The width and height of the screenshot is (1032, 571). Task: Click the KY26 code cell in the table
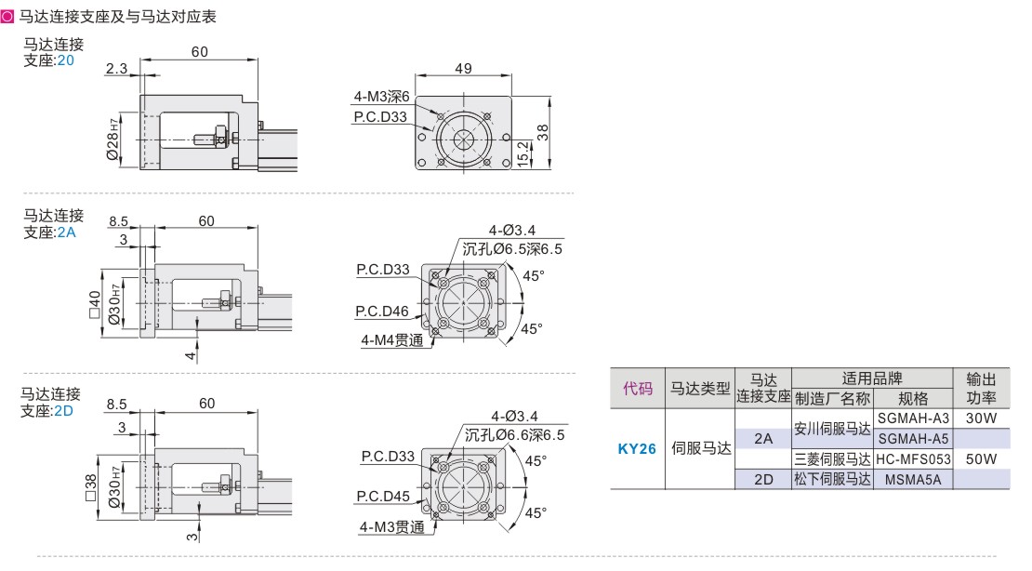pos(637,449)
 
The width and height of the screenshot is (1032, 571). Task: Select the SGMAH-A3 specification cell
pos(913,418)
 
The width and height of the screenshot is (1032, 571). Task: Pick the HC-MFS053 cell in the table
pos(913,459)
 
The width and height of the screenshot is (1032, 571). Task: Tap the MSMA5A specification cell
pos(913,480)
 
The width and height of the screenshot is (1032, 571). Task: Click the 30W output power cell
pos(981,418)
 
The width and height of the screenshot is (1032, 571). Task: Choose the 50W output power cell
pos(981,459)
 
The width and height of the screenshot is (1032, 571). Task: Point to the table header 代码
pos(638,389)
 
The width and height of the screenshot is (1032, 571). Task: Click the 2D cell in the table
pos(763,480)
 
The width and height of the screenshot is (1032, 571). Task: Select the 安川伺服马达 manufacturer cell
pos(832,429)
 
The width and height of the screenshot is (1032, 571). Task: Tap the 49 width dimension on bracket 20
pos(463,69)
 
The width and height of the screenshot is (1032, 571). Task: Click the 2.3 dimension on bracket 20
pos(116,69)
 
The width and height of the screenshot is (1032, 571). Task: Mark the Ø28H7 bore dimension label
pos(112,139)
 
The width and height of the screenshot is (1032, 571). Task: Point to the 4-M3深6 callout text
pos(382,97)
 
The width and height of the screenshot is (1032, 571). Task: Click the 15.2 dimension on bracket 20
pos(523,153)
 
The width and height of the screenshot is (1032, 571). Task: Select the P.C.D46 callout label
pos(382,311)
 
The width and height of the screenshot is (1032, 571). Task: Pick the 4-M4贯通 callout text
pos(392,340)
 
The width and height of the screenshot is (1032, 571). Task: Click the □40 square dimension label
pos(96,304)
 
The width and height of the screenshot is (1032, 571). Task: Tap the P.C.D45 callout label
pos(383,496)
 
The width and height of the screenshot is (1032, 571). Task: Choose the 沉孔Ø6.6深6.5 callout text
pos(515,435)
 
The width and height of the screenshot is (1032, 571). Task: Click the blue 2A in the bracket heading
pos(66,232)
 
